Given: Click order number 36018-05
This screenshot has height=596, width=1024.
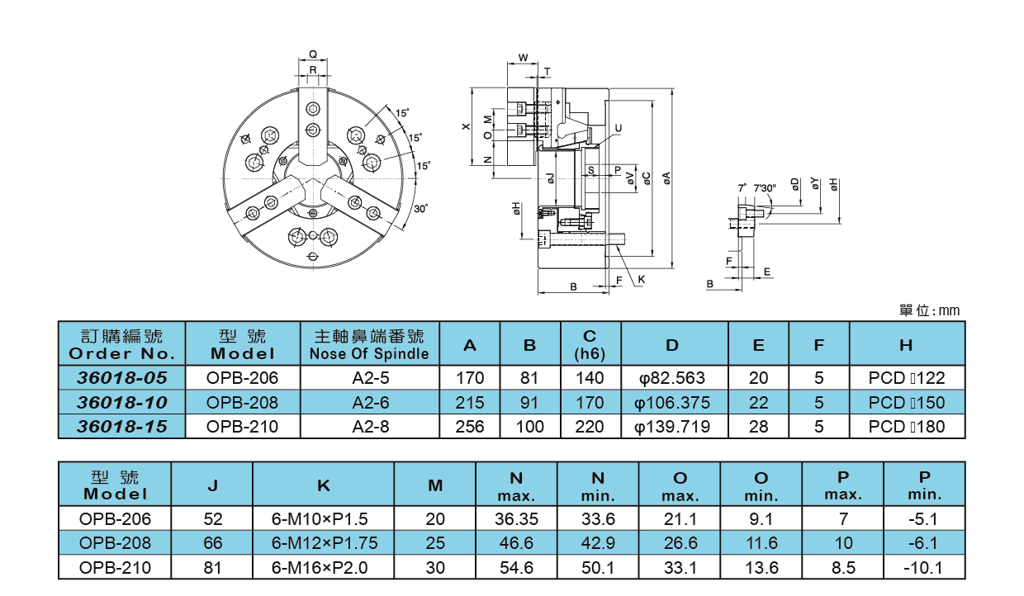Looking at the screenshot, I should [122, 377].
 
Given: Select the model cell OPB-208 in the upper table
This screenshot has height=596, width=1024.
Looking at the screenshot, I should [243, 402].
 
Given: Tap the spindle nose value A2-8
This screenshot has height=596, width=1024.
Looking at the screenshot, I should [369, 427].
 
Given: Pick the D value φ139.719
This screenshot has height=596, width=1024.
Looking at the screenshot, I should [673, 427].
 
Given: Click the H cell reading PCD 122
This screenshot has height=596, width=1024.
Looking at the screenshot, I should [906, 377].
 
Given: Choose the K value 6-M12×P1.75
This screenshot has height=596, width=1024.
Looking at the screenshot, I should [324, 543].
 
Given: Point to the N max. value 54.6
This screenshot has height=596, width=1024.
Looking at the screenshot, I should [516, 568].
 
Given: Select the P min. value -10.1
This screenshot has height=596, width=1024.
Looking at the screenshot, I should [924, 568].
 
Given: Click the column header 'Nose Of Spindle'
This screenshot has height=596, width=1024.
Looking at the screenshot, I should [369, 354].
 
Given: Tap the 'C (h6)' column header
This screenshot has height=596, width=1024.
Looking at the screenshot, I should [590, 344].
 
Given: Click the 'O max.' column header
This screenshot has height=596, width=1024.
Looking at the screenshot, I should [680, 486].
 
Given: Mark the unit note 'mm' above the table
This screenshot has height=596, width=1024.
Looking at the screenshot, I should [949, 311].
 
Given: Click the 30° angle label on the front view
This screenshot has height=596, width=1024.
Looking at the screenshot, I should [421, 209].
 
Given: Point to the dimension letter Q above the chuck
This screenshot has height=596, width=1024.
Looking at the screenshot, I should [313, 54].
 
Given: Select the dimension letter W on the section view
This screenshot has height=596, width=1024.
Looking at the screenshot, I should [524, 58].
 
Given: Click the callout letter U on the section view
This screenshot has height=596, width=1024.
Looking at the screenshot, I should [618, 129].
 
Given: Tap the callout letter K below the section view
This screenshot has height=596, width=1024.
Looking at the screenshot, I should [641, 280].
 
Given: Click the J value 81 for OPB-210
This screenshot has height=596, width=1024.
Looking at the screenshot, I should [211, 568].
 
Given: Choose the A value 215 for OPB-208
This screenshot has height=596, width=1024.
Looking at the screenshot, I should [470, 402].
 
